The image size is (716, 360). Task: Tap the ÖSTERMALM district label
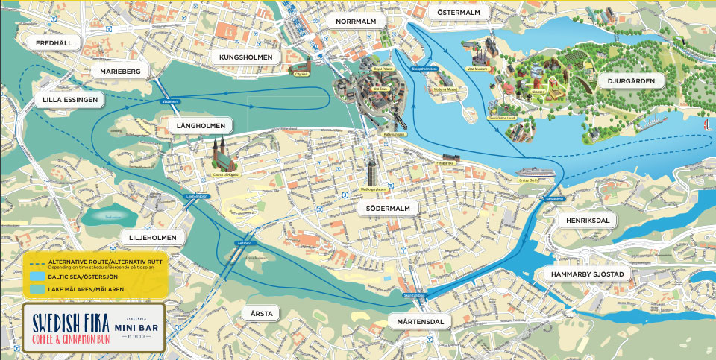[x=459, y=13]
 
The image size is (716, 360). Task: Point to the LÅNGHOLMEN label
[x=201, y=124]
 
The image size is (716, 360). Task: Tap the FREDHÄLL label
[x=54, y=43]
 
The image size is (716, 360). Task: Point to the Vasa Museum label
[x=477, y=68]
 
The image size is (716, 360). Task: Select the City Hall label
[x=301, y=75]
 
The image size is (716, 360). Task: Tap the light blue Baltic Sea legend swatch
[x=36, y=276]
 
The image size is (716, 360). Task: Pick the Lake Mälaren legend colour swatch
[x=36, y=288]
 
